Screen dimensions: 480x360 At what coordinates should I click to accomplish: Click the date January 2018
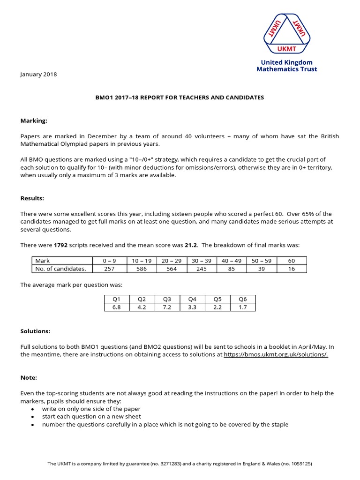pos(39,74)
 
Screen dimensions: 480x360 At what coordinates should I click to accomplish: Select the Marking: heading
pos(34,120)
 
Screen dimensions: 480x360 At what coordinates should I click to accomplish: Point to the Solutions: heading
pos(35,331)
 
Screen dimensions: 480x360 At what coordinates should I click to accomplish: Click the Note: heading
pos(29,377)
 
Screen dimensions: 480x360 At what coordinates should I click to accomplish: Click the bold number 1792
pos(61,245)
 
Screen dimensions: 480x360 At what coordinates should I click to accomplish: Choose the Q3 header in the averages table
pos(167,299)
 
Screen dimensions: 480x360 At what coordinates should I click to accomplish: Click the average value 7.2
pos(167,307)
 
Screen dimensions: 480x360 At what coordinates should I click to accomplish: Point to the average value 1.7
pos(243,307)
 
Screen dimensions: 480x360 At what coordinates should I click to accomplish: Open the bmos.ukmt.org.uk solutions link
pos(276,355)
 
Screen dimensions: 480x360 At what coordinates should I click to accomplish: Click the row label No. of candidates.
pos(61,269)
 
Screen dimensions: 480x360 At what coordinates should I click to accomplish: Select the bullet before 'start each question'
pos(32,417)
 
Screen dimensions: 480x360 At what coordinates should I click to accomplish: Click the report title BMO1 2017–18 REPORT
pos(180,97)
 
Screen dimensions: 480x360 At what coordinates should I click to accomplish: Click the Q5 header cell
pos(217,299)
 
